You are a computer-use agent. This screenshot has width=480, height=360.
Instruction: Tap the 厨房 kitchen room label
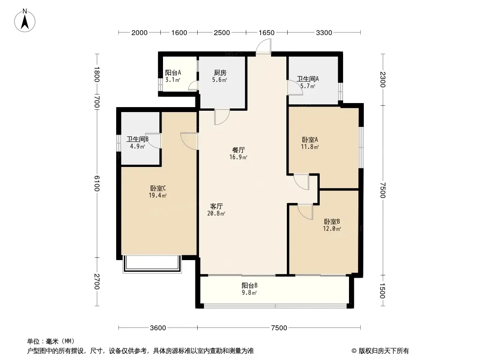220,73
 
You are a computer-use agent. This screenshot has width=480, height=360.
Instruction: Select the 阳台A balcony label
173,73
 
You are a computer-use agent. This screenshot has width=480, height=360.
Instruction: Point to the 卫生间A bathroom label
308,79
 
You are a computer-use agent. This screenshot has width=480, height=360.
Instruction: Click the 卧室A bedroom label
310,139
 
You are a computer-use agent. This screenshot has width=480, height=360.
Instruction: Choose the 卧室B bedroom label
332,221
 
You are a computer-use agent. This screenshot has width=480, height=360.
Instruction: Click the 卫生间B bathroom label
137,139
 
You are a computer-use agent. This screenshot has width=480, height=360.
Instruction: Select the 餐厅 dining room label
238,150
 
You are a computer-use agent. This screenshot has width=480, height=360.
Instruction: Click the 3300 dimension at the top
324,32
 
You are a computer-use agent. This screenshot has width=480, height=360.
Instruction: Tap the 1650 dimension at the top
267,32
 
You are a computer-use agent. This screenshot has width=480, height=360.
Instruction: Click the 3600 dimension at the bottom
158,328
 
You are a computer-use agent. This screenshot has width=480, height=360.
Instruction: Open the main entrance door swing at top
263,47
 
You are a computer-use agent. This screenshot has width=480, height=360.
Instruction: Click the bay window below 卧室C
151,264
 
